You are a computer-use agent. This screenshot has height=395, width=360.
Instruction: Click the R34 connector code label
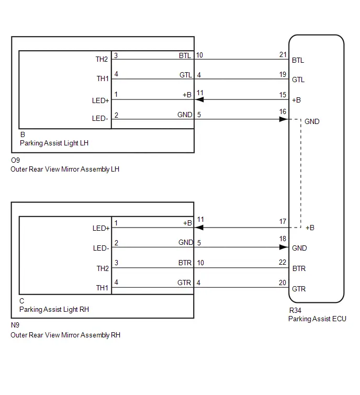click(295, 310)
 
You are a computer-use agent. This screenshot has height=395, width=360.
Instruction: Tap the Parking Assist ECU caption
click(317, 319)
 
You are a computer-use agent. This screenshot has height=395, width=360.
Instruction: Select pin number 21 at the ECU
click(283, 54)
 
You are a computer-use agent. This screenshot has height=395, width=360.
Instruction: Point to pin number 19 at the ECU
click(283, 74)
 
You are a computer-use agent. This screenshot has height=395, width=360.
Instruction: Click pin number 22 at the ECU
click(283, 262)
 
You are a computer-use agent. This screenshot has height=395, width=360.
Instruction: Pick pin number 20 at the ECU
click(283, 283)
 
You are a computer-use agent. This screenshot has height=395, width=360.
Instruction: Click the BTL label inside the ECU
click(298, 61)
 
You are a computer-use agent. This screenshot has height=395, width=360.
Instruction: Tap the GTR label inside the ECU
click(299, 289)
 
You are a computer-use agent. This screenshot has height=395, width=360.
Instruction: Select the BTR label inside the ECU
click(299, 268)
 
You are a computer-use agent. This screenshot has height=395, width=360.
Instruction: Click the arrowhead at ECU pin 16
click(284, 119)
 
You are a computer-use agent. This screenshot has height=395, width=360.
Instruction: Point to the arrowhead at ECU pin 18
click(284, 247)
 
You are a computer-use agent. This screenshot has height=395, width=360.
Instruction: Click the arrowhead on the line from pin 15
click(199, 99)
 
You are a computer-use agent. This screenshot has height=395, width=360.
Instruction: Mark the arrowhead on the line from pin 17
click(199, 228)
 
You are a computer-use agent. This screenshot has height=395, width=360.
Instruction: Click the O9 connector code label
click(15, 160)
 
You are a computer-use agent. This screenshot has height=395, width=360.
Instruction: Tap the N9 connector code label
click(15, 325)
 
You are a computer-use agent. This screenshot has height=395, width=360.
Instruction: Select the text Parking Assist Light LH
click(54, 143)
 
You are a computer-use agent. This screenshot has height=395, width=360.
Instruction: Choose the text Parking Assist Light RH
click(54, 309)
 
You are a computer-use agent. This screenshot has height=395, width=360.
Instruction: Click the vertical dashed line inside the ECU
click(301, 173)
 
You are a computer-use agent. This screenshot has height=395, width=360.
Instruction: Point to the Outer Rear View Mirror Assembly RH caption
click(65, 335)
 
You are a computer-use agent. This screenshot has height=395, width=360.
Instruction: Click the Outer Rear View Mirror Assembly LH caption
click(65, 169)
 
